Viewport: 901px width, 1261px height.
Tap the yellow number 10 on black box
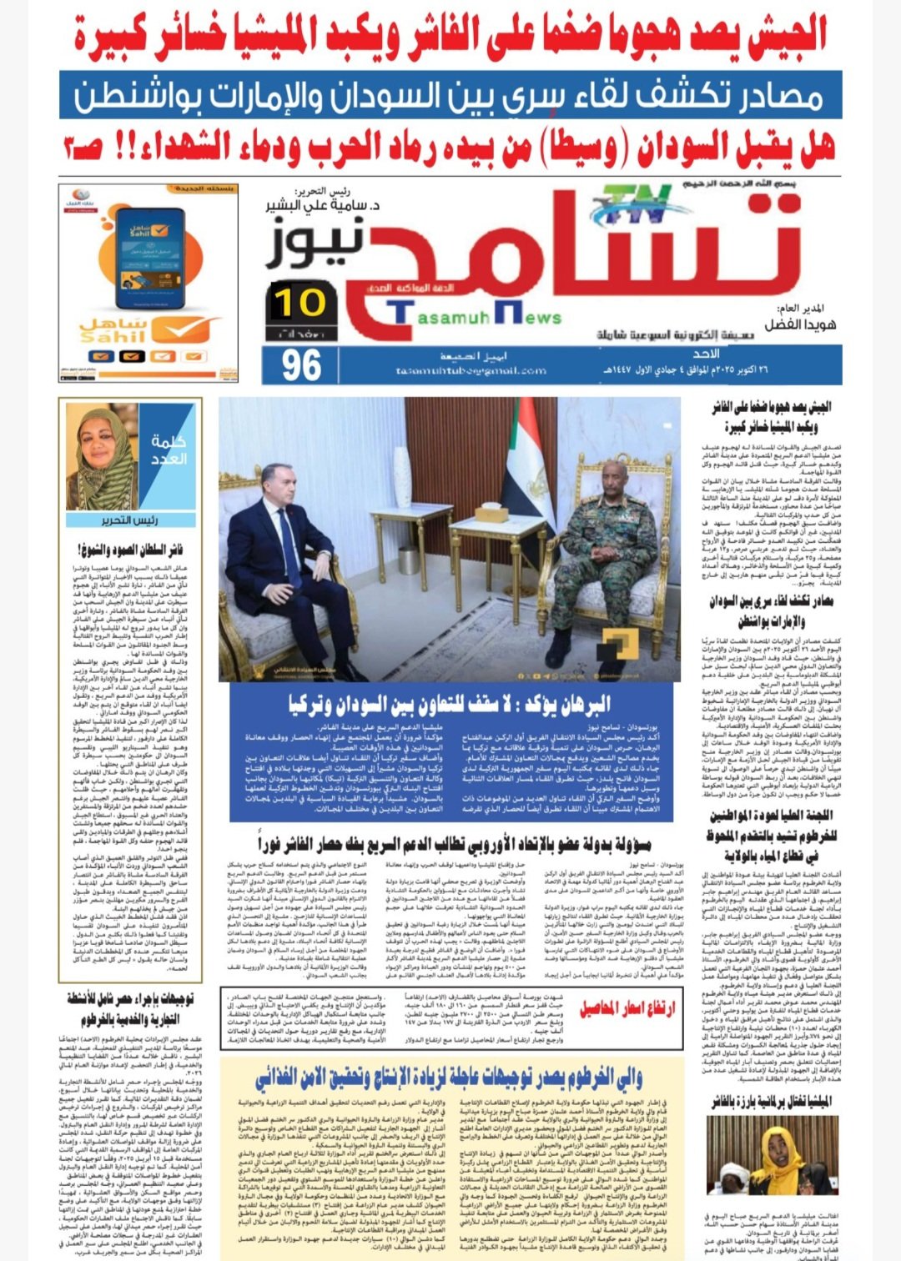[299, 302]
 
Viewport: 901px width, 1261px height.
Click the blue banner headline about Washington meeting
[450, 96]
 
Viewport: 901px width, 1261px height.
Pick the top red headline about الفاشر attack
[450, 35]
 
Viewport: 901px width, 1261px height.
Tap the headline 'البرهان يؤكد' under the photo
[450, 704]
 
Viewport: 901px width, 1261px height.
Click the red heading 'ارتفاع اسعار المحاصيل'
[627, 1009]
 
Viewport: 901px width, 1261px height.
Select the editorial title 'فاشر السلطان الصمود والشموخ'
[130, 550]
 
